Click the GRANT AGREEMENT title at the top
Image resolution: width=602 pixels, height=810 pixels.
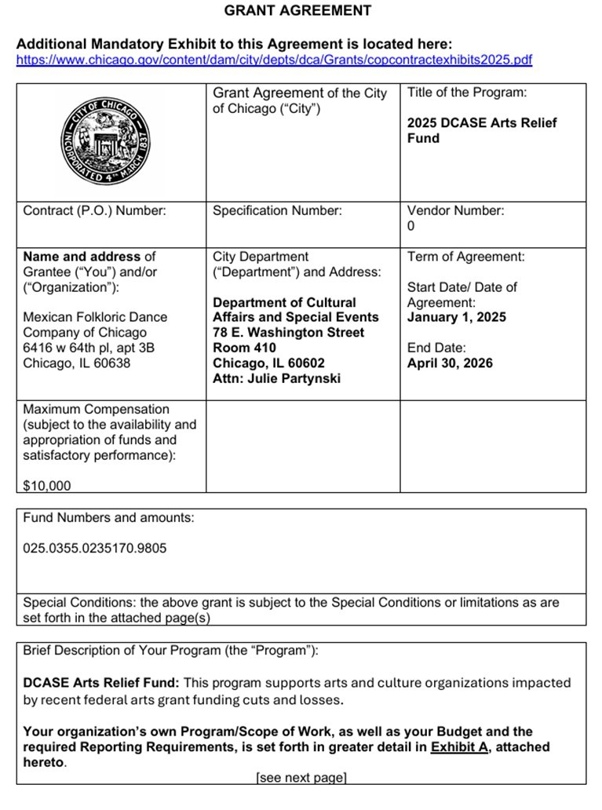[x=297, y=11]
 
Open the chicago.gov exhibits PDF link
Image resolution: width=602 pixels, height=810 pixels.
[x=274, y=60]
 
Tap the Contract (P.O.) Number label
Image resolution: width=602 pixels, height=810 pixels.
[x=94, y=210]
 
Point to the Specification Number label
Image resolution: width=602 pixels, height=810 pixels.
[x=277, y=210]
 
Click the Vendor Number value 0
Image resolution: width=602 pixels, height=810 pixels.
[x=411, y=226]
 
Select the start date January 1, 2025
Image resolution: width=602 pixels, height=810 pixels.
[x=456, y=317]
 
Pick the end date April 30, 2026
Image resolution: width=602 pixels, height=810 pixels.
[x=450, y=363]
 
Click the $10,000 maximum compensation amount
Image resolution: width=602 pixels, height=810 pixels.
[x=47, y=486]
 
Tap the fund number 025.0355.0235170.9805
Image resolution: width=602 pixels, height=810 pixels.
[x=95, y=549]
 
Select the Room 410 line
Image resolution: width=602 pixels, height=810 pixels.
[x=244, y=348]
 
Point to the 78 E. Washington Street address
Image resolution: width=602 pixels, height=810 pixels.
[x=288, y=333]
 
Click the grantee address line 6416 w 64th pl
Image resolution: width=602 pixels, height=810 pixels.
[x=86, y=348]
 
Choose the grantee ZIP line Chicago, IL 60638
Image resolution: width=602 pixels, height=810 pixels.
[x=77, y=363]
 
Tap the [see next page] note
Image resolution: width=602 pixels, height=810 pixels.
[x=301, y=777]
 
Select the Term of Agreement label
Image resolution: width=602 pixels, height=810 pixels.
[x=466, y=257]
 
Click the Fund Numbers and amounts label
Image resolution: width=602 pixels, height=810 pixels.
[x=108, y=517]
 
